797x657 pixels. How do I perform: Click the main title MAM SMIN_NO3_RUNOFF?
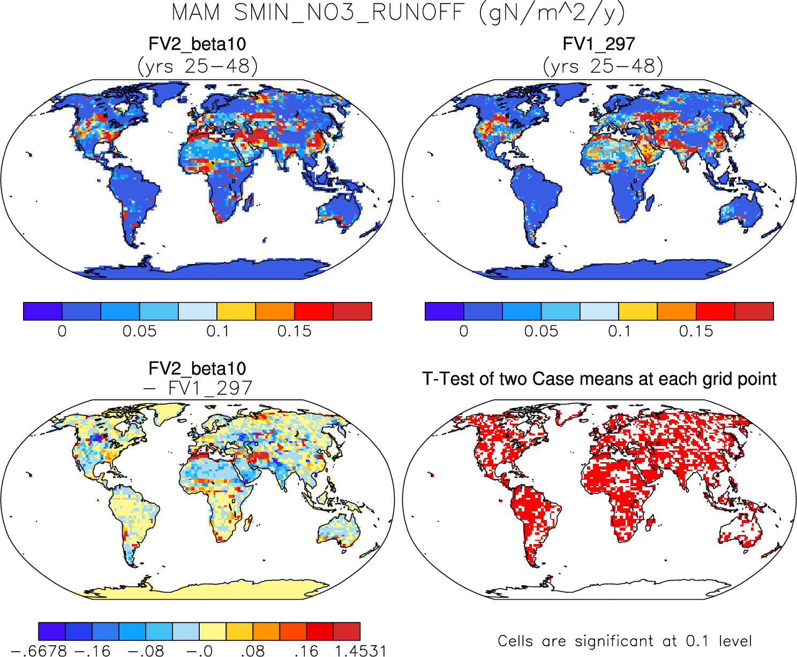(x=398, y=13)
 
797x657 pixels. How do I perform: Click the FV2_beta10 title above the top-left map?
(x=197, y=44)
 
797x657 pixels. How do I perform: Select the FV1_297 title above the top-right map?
(x=599, y=44)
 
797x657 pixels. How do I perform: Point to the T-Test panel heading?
(x=599, y=379)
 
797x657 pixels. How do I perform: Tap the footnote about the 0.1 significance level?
(x=625, y=641)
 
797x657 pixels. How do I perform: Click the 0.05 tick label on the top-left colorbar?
(x=139, y=331)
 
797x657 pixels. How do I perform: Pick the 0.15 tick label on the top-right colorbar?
(x=696, y=331)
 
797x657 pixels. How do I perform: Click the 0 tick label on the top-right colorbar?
(x=464, y=331)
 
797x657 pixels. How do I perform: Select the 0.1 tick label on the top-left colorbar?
(x=217, y=331)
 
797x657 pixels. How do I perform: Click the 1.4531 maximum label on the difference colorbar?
(x=360, y=651)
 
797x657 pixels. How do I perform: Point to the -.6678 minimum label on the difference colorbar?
(x=39, y=651)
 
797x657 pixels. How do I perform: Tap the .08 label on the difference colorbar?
(x=252, y=651)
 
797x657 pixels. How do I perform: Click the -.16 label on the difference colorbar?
(x=92, y=651)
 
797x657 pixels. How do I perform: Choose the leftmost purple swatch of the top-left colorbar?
(x=43, y=311)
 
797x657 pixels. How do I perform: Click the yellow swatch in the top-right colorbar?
(x=637, y=311)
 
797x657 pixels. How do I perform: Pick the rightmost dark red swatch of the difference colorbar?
(x=347, y=631)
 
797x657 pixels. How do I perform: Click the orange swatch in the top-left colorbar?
(x=275, y=311)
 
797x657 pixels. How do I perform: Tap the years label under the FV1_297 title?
(x=603, y=66)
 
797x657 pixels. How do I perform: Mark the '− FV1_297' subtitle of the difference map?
(x=197, y=388)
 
